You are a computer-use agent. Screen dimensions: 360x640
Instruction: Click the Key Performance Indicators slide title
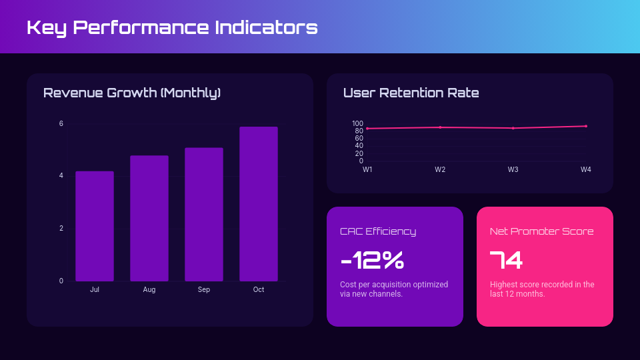click(x=172, y=27)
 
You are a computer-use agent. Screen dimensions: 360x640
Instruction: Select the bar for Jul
click(x=95, y=226)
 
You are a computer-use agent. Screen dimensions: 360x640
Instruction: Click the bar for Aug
click(x=149, y=218)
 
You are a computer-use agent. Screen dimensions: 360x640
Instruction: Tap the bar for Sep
click(x=204, y=214)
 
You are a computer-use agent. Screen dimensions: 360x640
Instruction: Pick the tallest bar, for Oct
click(x=259, y=203)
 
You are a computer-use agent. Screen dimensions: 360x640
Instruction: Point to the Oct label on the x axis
click(x=259, y=289)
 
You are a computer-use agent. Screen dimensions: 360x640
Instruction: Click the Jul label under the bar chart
click(x=95, y=289)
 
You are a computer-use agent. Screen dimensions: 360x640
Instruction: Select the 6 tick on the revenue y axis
click(x=61, y=124)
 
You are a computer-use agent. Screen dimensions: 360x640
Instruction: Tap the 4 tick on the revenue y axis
click(x=61, y=176)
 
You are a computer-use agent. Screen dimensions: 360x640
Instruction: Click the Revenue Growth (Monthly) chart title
click(x=132, y=93)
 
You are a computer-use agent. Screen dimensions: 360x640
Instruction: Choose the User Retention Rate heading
click(x=411, y=93)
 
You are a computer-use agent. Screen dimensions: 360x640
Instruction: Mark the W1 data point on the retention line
click(x=367, y=129)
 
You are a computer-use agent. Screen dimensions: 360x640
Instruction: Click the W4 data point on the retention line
click(x=586, y=126)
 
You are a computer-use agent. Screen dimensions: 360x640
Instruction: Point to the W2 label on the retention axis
click(x=440, y=170)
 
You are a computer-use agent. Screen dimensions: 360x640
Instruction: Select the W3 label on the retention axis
click(x=513, y=170)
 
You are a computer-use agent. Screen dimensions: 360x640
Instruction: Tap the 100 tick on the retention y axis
click(x=357, y=123)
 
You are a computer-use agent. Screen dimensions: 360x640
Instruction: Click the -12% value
click(x=372, y=261)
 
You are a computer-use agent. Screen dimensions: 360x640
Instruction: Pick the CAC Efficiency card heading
click(x=378, y=231)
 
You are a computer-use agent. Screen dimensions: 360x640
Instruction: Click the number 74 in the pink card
click(x=506, y=261)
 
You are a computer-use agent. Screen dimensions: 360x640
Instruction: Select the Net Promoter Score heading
click(x=541, y=231)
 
